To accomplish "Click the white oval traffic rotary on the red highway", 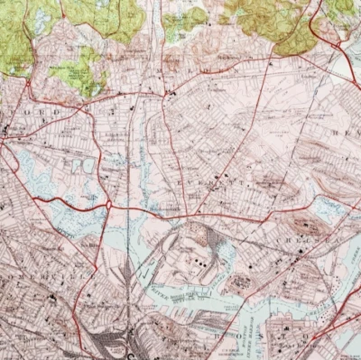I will click(109, 205).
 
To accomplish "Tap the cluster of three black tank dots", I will click(193, 262).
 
